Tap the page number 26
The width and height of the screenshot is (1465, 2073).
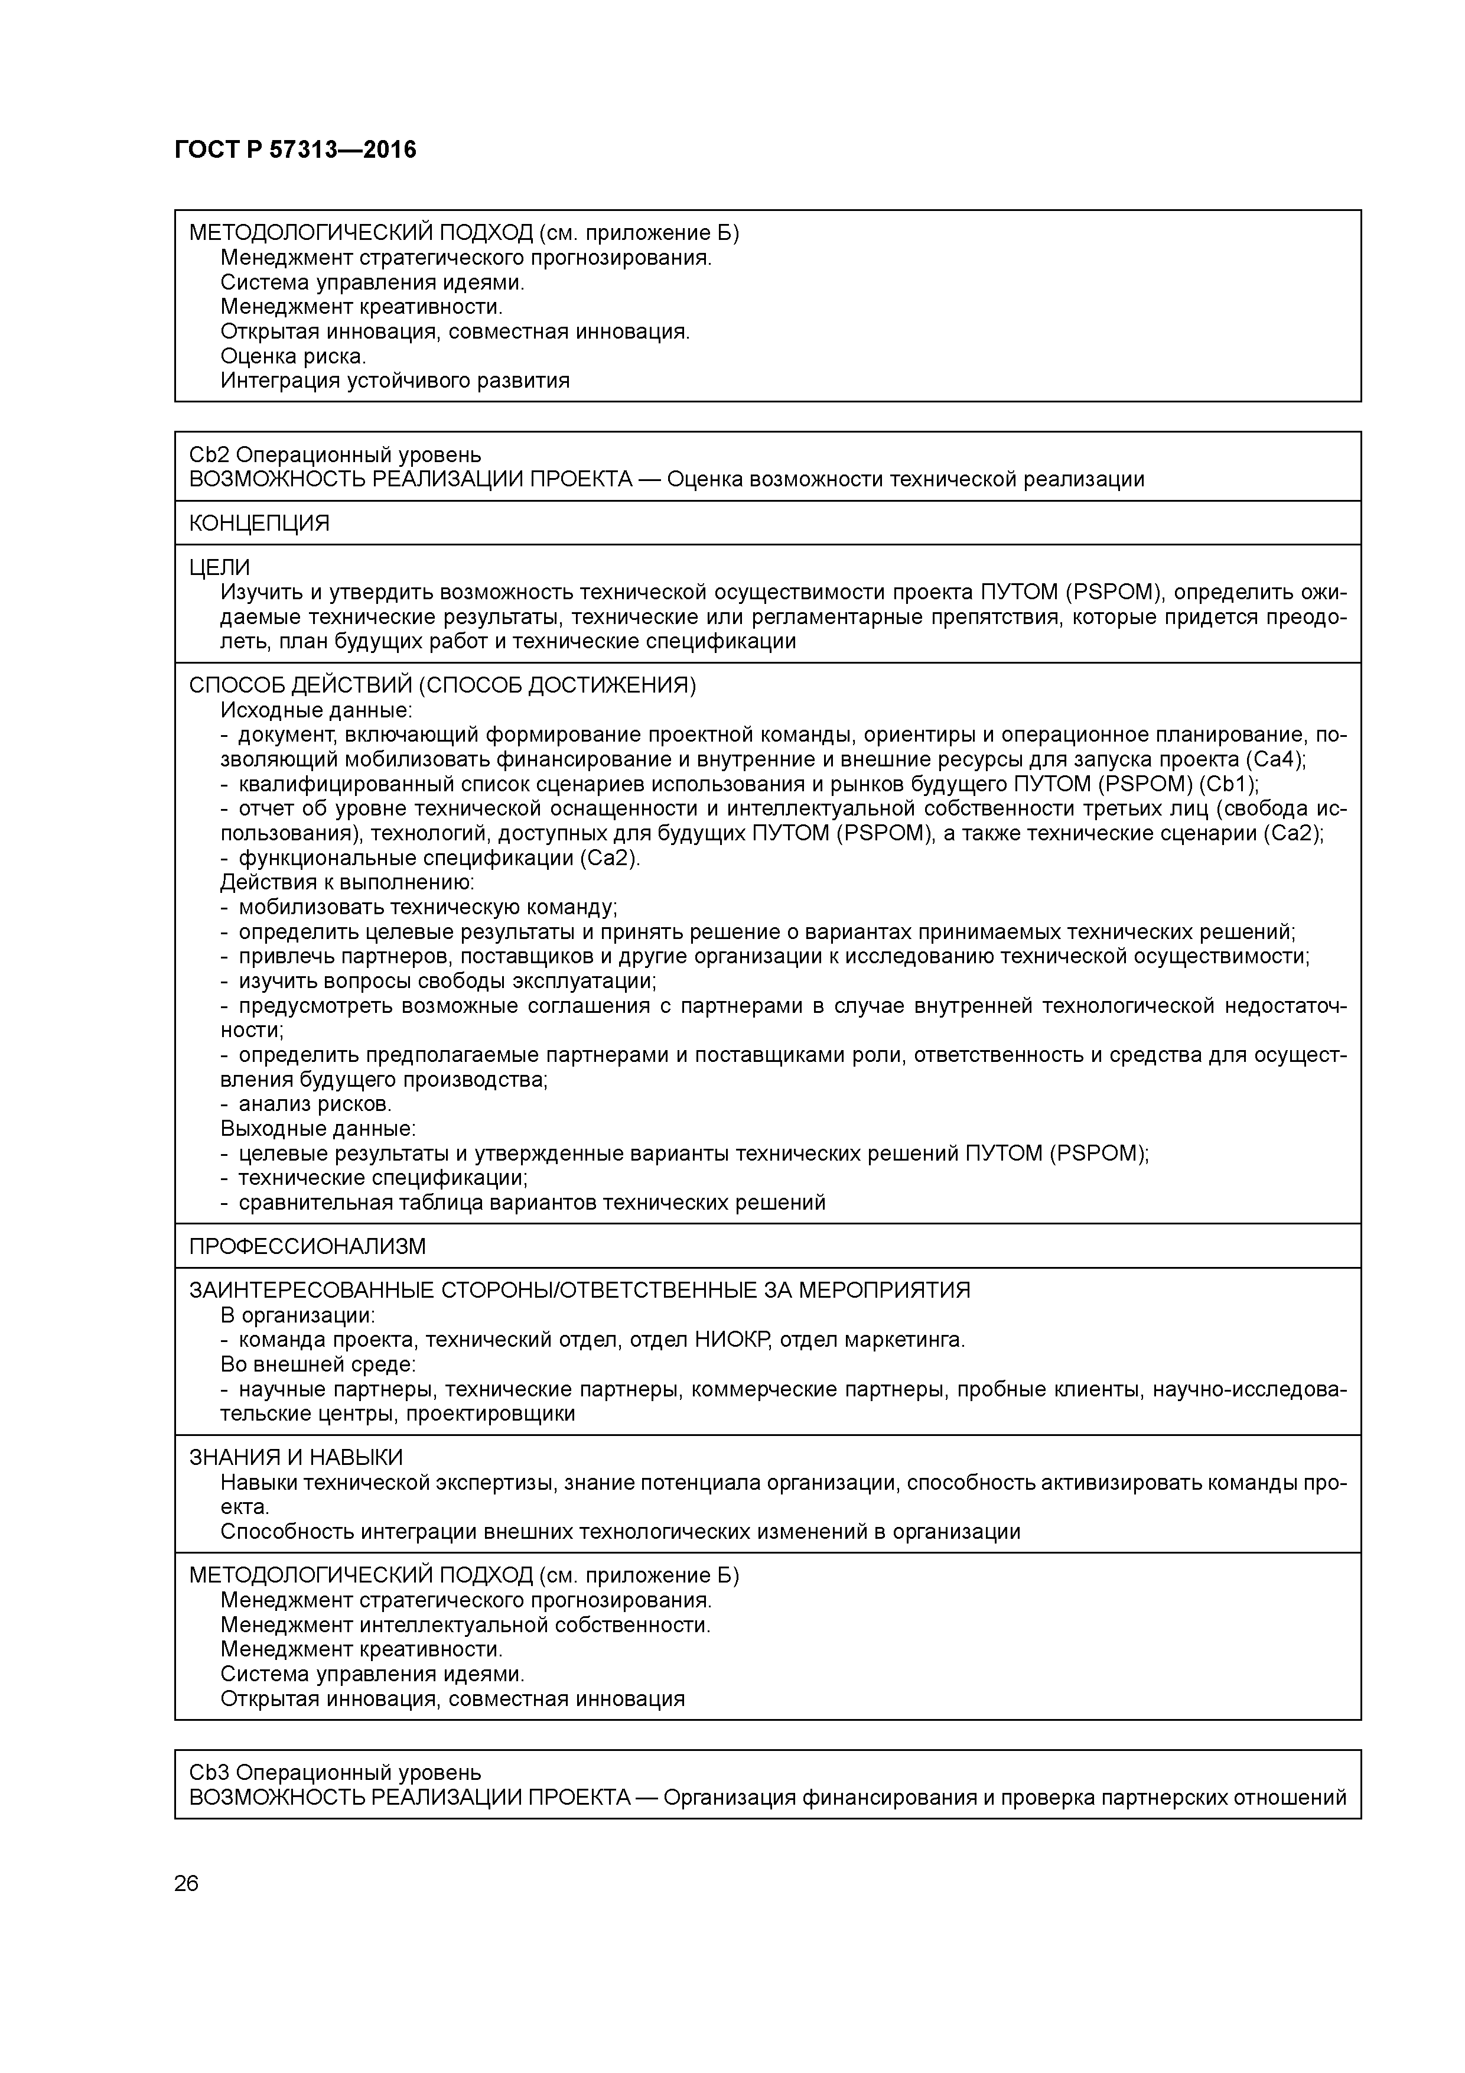tap(186, 1883)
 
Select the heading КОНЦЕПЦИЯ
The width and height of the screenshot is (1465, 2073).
tap(259, 523)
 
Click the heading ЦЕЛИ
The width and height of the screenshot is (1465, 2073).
tap(219, 567)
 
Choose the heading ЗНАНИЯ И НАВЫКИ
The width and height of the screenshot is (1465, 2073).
tap(295, 1457)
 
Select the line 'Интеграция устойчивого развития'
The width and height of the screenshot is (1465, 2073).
tap(395, 380)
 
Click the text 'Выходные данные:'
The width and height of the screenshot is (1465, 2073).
tap(318, 1129)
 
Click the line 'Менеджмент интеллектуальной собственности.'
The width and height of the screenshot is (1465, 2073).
tap(465, 1625)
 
